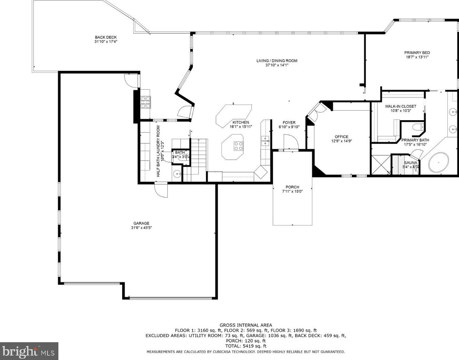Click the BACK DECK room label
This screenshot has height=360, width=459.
tap(106, 38)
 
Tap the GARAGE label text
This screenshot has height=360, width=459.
tap(141, 223)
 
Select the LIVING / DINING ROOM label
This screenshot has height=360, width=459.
tap(277, 61)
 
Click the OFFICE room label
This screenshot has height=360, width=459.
tap(341, 137)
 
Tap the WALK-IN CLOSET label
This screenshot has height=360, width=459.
tap(400, 106)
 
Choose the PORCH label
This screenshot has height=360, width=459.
tap(292, 187)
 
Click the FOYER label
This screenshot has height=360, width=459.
tap(289, 123)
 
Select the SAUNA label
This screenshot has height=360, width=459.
tap(411, 163)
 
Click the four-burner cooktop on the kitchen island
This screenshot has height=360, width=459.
tap(238, 146)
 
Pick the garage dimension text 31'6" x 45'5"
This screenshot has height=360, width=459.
tap(141, 228)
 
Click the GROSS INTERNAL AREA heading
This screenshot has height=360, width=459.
tap(246, 325)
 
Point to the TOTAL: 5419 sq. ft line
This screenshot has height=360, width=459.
tap(246, 346)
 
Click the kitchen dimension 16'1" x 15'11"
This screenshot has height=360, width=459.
tap(241, 127)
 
